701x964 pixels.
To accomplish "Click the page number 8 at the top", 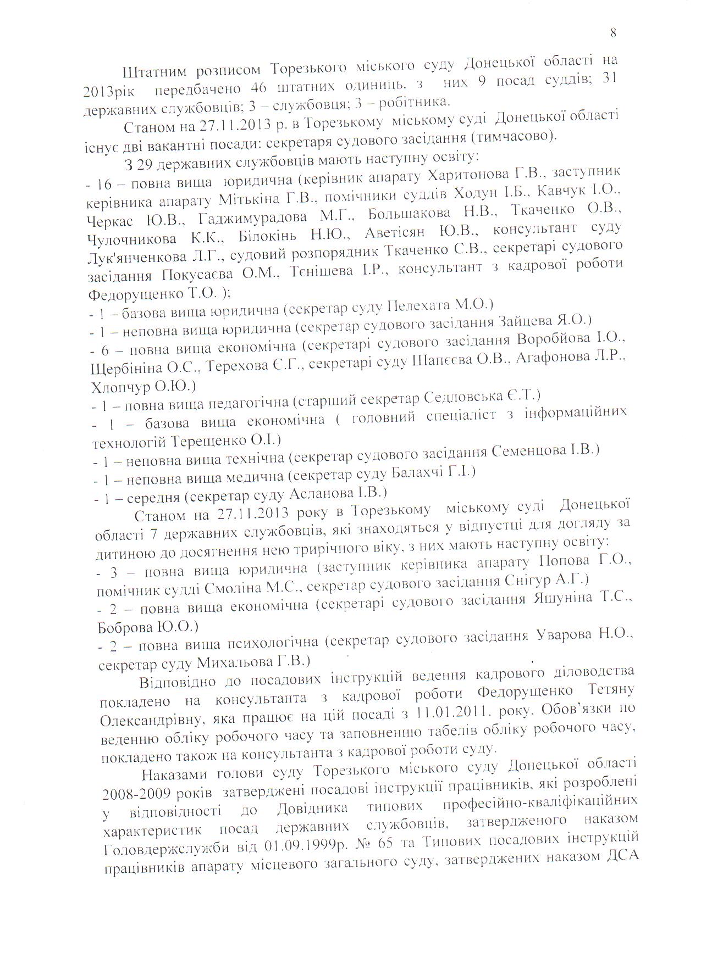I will [x=613, y=33].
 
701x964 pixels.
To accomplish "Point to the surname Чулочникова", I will [x=132, y=239].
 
